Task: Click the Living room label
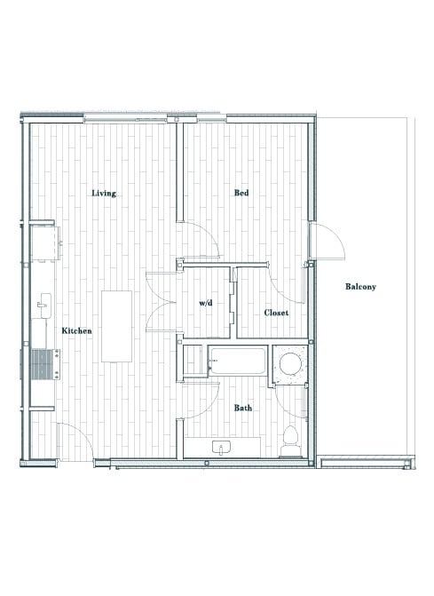click(x=104, y=193)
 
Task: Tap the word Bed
click(x=241, y=193)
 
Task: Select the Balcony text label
click(x=361, y=286)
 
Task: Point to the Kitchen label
click(x=76, y=330)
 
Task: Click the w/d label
click(x=206, y=303)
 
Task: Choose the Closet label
click(x=276, y=313)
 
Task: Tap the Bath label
click(x=242, y=408)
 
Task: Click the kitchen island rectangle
click(x=116, y=326)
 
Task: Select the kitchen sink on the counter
click(x=43, y=306)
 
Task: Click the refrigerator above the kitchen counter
click(x=45, y=242)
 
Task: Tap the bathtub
click(x=237, y=361)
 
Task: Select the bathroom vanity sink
click(x=222, y=446)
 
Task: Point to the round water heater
click(x=289, y=364)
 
